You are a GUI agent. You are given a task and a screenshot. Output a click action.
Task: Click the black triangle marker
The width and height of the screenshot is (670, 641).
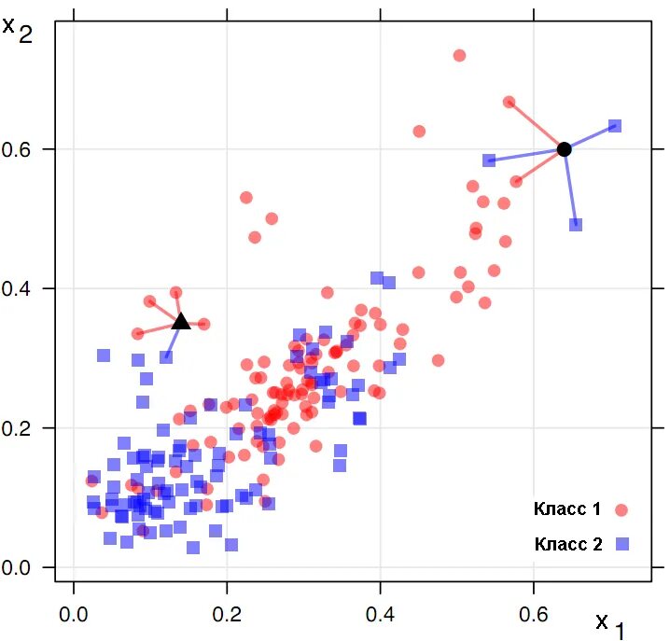pos(181,322)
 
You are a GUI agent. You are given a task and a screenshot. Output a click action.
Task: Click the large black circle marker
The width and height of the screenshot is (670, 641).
pos(564,149)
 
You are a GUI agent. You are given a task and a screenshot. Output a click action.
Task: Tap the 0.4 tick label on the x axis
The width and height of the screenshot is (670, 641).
pos(380,616)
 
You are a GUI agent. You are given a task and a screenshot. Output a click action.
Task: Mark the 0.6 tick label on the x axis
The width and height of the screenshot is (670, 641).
pos(534,616)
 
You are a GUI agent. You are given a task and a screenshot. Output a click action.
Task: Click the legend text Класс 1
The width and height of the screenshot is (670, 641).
pos(567,509)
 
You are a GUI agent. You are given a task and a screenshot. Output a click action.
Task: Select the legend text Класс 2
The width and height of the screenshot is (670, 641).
pos(567,543)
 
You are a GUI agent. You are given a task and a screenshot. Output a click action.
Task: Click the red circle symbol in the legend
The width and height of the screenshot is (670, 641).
pos(621,510)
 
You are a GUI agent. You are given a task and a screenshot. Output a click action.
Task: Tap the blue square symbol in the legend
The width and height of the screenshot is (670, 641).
pos(621,543)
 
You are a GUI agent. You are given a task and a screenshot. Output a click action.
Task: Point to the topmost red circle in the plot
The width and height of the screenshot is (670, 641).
pos(459,56)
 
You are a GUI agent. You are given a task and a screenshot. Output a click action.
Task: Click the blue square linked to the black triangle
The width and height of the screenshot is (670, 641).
pos(166,356)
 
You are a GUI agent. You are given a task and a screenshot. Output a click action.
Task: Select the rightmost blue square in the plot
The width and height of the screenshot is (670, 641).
pos(615,126)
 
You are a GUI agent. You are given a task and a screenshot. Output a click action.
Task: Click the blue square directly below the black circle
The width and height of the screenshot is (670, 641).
pos(576,224)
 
